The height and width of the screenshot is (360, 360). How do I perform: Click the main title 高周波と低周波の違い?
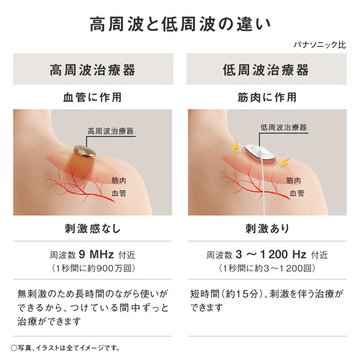click(180, 24)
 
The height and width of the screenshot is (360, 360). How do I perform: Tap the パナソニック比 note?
click(320, 45)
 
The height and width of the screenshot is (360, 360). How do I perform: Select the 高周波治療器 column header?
click(93, 70)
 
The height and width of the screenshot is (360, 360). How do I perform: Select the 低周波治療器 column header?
click(266, 70)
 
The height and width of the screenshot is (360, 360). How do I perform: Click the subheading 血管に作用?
click(93, 97)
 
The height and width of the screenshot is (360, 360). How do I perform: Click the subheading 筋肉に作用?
click(267, 97)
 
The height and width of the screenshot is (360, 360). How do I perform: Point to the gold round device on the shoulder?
click(85, 151)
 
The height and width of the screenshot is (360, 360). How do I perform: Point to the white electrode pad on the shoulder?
click(260, 152)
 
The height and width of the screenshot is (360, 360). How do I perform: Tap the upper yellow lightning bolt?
click(235, 147)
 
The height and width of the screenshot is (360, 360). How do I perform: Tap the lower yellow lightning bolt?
click(285, 162)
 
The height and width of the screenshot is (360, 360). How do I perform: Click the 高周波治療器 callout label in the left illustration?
click(110, 131)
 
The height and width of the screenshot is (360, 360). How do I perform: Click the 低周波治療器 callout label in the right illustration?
click(284, 127)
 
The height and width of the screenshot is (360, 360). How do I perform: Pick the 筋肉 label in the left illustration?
click(119, 181)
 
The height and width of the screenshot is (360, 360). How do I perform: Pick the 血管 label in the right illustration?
click(297, 193)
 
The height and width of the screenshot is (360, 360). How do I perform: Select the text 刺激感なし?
click(93, 228)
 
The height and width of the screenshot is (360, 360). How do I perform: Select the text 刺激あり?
click(267, 228)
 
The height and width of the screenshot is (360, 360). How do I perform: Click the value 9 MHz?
click(96, 254)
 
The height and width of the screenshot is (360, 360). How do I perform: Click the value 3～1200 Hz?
click(271, 254)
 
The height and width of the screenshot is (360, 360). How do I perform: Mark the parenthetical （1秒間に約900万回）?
click(93, 269)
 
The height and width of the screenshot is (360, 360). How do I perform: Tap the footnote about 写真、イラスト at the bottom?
click(66, 348)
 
